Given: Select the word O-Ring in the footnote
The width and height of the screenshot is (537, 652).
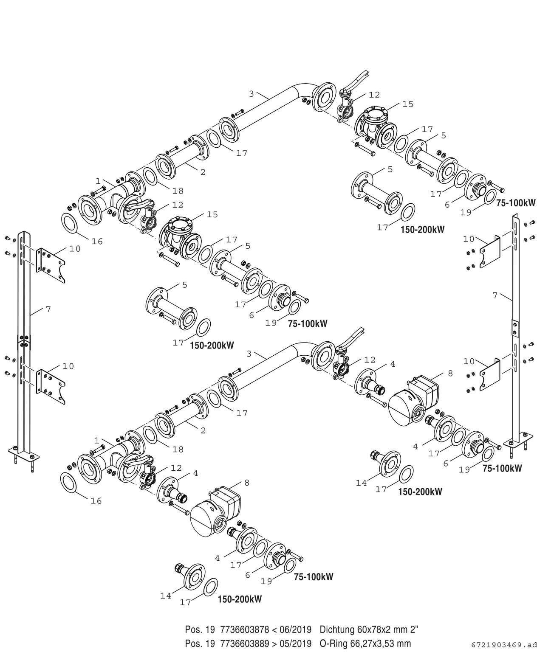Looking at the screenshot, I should point(334,644).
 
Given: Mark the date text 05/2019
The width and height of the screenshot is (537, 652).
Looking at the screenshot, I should point(296,644).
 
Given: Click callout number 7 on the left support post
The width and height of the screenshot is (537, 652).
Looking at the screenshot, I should point(48,309).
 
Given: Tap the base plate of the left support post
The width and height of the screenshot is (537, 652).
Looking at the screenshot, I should point(24,455).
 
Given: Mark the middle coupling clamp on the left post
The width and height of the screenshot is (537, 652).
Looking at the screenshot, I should point(24,341).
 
